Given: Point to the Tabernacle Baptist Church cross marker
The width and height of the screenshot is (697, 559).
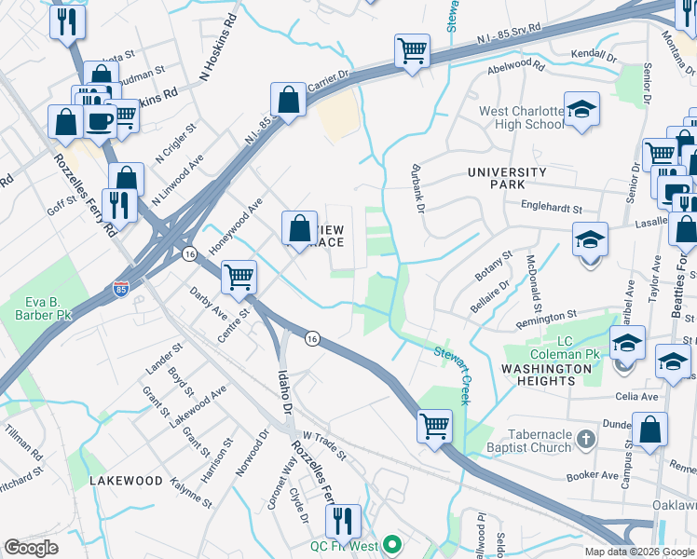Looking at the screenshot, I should pyautogui.click(x=584, y=437).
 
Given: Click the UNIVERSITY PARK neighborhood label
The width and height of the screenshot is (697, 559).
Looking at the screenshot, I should pyautogui.click(x=507, y=179).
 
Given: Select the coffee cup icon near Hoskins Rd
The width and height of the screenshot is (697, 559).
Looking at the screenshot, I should pyautogui.click(x=100, y=119).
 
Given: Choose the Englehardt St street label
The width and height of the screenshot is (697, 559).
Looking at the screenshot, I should pyautogui.click(x=551, y=210).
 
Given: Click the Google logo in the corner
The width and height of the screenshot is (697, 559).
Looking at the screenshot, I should pyautogui.click(x=31, y=548).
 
